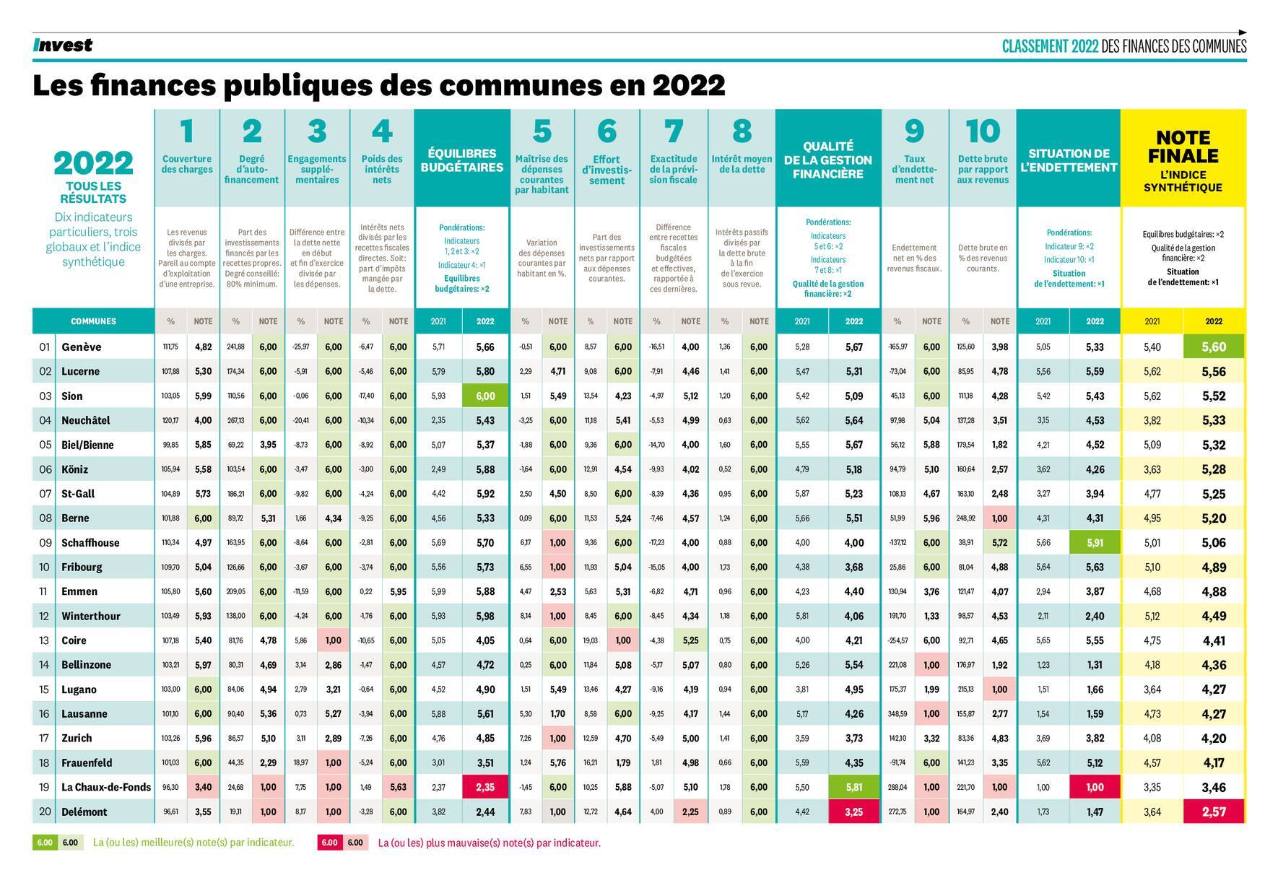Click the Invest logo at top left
point(63,45)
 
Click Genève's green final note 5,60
point(1214,347)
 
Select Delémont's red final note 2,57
point(1214,812)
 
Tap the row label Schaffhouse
point(90,542)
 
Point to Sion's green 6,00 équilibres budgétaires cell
point(485,396)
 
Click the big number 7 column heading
point(673,131)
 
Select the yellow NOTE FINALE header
point(1183,147)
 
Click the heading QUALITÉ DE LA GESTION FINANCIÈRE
point(827,160)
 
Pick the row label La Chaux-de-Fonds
point(106,787)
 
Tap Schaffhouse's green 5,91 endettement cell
point(1095,542)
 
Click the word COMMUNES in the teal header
point(93,321)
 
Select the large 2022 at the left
point(93,163)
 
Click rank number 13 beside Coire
point(44,640)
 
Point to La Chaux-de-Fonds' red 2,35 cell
point(485,787)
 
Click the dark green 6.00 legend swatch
point(45,843)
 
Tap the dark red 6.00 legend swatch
point(329,843)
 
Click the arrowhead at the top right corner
point(1243,32)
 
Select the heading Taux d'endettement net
point(913,170)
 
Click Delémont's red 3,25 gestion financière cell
point(853,812)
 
